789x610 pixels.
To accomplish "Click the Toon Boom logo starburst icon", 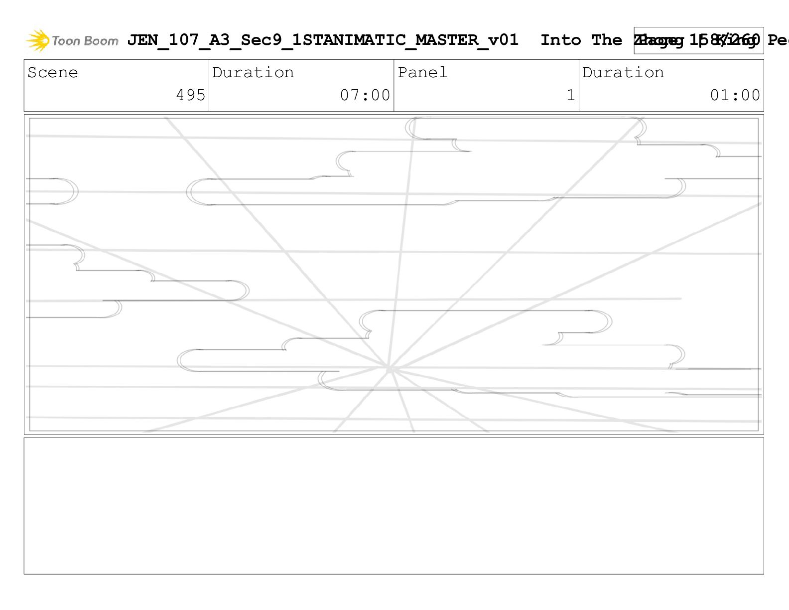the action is point(38,40).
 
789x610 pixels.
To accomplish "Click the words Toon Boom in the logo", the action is point(85,41).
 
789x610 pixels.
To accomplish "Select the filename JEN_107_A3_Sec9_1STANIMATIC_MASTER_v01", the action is point(322,40).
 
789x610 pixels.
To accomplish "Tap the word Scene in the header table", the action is point(53,73).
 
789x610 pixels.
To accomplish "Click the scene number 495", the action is point(191,95).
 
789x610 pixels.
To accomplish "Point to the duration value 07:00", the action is point(365,95).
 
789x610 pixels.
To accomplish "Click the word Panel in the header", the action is point(422,73).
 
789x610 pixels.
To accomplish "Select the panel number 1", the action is point(571,95).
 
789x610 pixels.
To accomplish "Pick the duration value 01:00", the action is point(735,95).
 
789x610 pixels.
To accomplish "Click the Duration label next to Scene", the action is point(253,73).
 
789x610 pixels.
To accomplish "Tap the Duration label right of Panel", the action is point(623,73).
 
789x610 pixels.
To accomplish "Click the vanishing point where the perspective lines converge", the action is point(389,369).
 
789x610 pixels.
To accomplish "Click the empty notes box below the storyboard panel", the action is point(394,505).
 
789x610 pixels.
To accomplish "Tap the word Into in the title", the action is point(560,40).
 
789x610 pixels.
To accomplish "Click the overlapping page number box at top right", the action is point(698,40).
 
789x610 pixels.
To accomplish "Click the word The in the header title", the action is point(606,40).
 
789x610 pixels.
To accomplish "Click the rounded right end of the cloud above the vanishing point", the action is point(604,321).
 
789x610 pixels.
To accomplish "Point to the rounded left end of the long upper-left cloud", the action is point(195,192).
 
